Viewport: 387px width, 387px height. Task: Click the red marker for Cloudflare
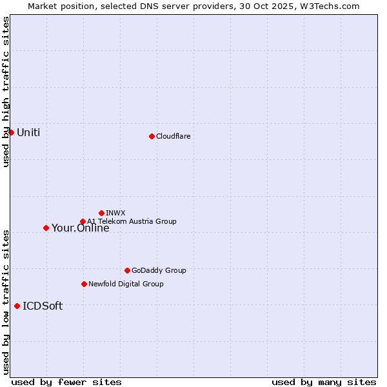[x=152, y=136]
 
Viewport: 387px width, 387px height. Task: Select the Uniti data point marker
[x=11, y=132]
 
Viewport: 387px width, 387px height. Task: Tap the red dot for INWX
[x=101, y=213]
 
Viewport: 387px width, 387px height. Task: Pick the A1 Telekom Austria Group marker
[x=83, y=222]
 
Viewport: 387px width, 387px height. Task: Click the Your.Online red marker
[x=46, y=228]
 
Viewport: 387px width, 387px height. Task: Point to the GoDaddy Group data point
[x=127, y=270]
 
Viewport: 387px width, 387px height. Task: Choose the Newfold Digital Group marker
[x=84, y=284]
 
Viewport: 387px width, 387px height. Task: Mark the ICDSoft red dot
[x=17, y=306]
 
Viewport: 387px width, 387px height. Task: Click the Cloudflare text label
[x=173, y=136]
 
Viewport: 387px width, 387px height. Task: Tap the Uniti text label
[x=28, y=133]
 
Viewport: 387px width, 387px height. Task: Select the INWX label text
[x=115, y=213]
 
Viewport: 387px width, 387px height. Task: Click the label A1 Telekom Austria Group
[x=132, y=221]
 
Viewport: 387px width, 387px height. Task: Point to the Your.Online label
[x=81, y=228]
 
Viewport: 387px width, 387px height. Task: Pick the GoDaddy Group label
[x=159, y=270]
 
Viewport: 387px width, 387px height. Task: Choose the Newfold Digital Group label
[x=126, y=284]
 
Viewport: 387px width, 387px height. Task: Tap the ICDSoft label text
[x=43, y=306]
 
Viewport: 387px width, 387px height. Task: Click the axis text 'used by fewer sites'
[x=66, y=382]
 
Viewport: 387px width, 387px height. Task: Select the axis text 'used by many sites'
[x=324, y=382]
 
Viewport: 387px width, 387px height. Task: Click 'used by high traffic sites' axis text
[x=6, y=92]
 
